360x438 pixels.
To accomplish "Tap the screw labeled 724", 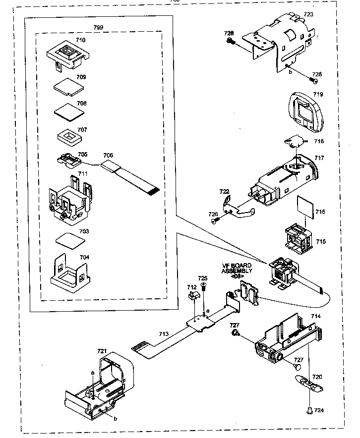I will click(x=309, y=410).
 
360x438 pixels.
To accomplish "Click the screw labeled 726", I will click(x=214, y=222).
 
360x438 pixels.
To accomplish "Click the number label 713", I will click(x=164, y=334).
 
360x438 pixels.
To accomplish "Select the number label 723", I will click(x=308, y=14).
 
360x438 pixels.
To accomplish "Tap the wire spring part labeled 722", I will click(x=238, y=207).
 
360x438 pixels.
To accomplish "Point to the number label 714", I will click(x=315, y=316).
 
